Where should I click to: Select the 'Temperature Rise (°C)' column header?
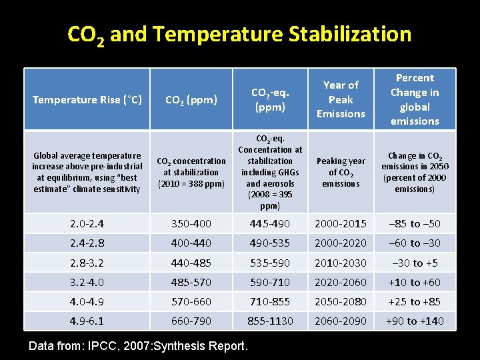point(87,100)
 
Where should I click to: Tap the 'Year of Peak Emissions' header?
point(341,99)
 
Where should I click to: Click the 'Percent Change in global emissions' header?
point(415,99)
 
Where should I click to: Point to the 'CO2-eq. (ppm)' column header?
point(270,100)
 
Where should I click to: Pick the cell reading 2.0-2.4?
point(87,224)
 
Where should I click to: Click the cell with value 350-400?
point(191,224)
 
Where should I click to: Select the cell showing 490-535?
point(270,243)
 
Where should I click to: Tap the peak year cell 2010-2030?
point(341,263)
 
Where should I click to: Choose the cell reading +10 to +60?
point(415,282)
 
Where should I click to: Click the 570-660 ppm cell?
point(191,301)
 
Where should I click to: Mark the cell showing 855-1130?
point(270,321)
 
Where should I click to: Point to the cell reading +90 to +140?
point(415,321)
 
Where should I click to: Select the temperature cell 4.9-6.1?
point(87,321)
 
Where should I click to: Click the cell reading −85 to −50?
point(415,224)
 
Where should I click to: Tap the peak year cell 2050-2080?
point(341,301)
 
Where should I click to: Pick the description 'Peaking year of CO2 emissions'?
point(341,172)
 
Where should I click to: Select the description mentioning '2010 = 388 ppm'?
point(191,172)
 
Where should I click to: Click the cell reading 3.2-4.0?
point(87,282)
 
